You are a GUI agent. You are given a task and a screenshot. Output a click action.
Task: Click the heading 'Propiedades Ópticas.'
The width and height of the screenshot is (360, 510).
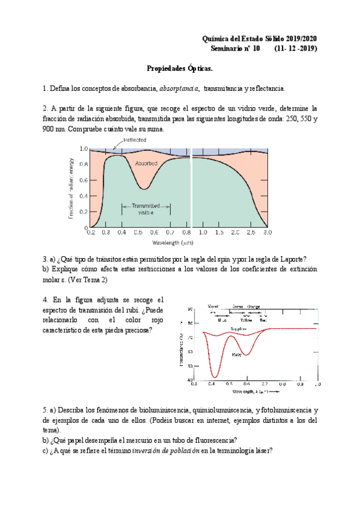point(180,70)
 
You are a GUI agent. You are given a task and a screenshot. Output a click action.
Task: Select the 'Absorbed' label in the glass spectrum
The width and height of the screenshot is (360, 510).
point(146,163)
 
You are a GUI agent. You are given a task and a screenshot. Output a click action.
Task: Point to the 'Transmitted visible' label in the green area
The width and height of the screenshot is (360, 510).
point(142,209)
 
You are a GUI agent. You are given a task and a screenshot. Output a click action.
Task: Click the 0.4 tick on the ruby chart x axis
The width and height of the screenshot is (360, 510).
point(212,383)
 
